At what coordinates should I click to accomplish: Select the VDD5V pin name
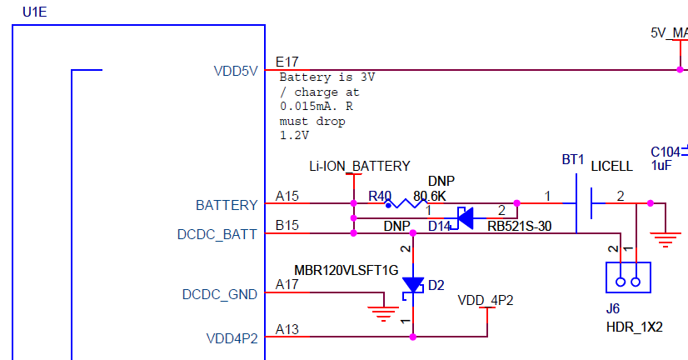pos(236,71)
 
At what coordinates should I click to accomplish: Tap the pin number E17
pos(287,62)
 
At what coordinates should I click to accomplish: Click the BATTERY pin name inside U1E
pos(227,205)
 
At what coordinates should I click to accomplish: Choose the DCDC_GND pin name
pos(220,295)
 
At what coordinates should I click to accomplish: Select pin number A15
pos(287,197)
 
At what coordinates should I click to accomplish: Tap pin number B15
pos(287,227)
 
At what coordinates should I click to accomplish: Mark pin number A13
pos(287,330)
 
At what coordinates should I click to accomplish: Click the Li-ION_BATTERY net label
pos(359,166)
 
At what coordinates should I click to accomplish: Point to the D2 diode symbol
pos(413,285)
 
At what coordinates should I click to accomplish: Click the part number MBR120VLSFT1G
pos(346,270)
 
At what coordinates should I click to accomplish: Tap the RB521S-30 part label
pos(520,226)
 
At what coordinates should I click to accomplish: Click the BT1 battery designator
pos(572,159)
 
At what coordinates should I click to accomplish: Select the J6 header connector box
pos(627,277)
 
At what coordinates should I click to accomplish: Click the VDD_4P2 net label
pos(486,299)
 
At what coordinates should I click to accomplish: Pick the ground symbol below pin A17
pos(383,314)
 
